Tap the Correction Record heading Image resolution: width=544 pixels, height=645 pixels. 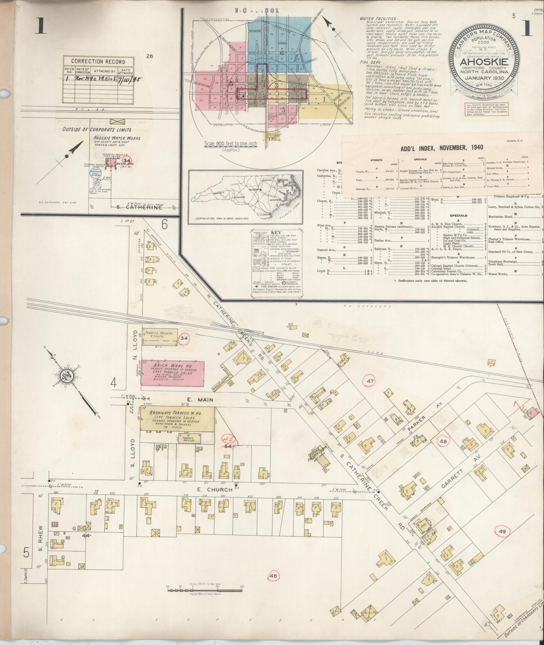[x=98, y=62]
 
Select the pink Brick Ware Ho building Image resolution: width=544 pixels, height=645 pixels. [x=173, y=371]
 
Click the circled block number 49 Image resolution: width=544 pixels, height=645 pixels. [x=503, y=531]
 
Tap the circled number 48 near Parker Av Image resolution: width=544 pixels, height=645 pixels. [x=443, y=441]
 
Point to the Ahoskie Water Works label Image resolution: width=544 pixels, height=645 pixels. [x=117, y=138]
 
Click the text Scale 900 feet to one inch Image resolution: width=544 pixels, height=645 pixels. [x=230, y=144]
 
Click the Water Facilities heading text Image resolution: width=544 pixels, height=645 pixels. [x=378, y=19]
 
